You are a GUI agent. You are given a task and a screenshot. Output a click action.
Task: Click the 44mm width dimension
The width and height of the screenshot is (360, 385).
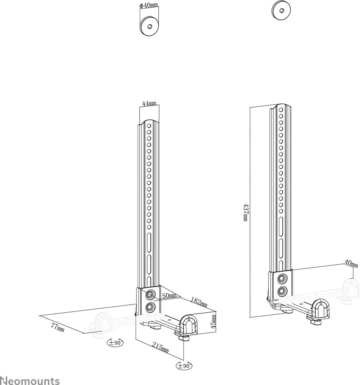click(149, 103)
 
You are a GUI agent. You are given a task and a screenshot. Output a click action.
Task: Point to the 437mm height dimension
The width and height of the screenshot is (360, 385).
click(246, 212)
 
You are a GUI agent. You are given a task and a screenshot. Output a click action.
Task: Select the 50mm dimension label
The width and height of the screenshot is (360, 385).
click(169, 296)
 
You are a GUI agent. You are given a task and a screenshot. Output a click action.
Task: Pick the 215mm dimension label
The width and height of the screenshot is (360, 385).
click(160, 347)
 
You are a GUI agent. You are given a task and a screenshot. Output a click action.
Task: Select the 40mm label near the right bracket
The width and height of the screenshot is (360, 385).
click(350, 262)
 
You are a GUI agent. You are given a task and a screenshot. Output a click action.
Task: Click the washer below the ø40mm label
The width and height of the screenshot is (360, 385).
click(149, 25)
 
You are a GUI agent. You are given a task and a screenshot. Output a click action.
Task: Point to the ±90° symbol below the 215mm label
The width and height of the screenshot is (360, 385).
click(184, 366)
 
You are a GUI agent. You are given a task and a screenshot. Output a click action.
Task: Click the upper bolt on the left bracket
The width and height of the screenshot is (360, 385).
click(150, 294)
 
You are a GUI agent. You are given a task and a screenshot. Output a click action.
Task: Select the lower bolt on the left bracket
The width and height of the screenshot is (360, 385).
click(150, 307)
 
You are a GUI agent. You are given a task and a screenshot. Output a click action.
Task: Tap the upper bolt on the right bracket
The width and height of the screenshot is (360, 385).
click(282, 277)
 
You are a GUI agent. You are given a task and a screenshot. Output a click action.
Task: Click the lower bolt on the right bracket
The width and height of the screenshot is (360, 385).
click(282, 291)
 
